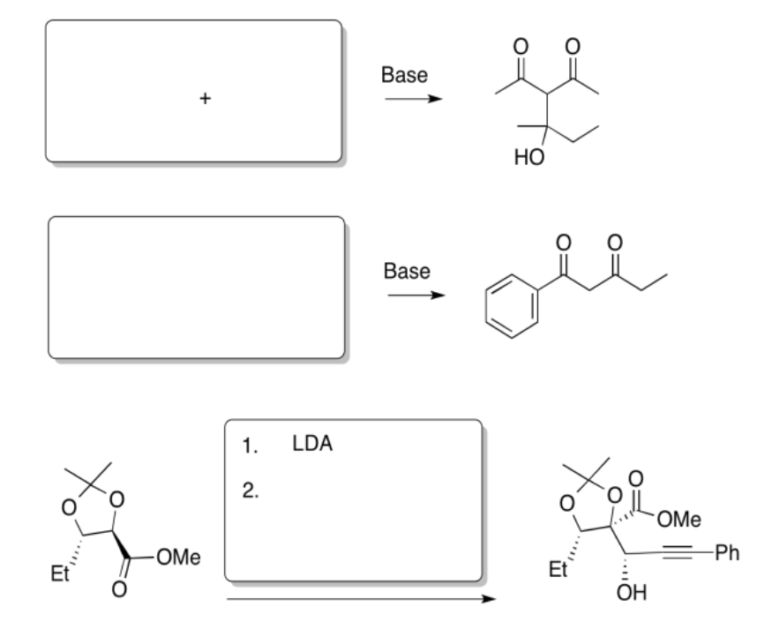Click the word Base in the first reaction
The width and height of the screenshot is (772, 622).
pyautogui.click(x=404, y=76)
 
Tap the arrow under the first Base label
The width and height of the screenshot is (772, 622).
pyautogui.click(x=412, y=99)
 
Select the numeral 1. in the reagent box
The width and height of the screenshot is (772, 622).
pyautogui.click(x=250, y=446)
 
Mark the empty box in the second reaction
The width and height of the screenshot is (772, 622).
pyautogui.click(x=196, y=288)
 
